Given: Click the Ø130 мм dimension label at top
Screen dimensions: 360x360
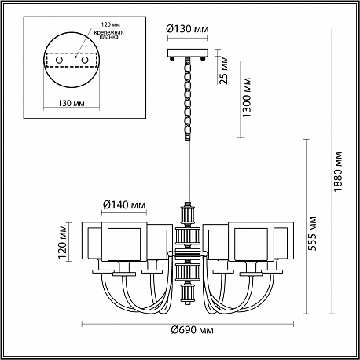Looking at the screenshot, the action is click(x=188, y=28).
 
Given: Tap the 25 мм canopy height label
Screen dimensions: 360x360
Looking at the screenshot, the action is click(x=223, y=70).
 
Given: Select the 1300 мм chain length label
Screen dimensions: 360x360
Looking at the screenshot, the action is click(x=246, y=97).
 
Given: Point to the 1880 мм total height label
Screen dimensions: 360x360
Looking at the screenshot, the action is click(x=338, y=171).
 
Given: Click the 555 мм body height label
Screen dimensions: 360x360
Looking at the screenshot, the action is click(x=312, y=233).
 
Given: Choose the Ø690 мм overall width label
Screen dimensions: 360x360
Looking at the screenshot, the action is click(x=193, y=330).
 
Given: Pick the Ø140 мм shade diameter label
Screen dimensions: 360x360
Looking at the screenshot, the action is click(x=124, y=204).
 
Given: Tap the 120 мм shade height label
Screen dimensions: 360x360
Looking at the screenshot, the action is click(x=63, y=241).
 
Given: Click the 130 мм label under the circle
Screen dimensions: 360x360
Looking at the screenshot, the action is click(x=72, y=103).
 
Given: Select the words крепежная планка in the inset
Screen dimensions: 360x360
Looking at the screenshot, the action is click(x=108, y=35).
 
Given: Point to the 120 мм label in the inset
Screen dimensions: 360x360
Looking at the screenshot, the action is click(x=111, y=24).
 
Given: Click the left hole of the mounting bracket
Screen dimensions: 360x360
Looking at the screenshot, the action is click(x=59, y=60).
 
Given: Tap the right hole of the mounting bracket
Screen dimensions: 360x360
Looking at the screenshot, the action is click(x=84, y=60).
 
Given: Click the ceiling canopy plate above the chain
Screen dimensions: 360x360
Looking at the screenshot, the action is click(x=188, y=53).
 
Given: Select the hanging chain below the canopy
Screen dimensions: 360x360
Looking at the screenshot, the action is click(x=188, y=99).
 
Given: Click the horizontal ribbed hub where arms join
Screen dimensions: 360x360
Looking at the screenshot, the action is click(x=188, y=254).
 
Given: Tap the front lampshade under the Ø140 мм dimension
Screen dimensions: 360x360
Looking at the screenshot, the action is click(x=124, y=241).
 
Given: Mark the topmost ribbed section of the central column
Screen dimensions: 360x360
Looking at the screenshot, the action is click(x=188, y=215).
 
